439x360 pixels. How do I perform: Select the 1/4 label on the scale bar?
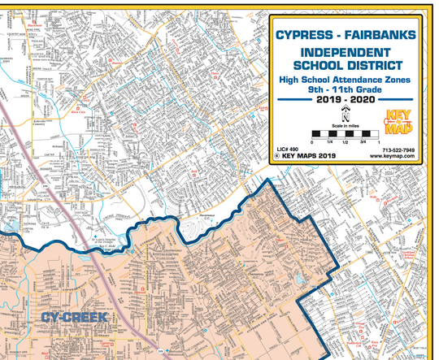tap(329, 141)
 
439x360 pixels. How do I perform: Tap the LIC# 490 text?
tap(289, 150)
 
